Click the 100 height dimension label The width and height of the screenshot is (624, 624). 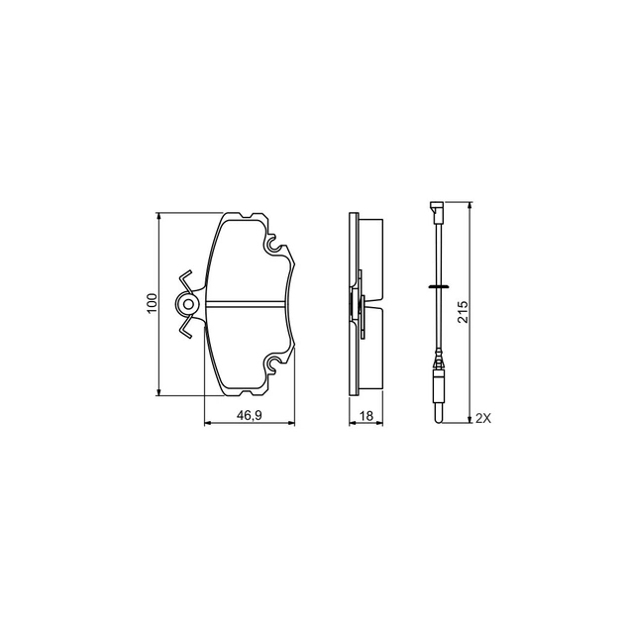click(152, 304)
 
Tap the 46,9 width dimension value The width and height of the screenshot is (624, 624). click(250, 416)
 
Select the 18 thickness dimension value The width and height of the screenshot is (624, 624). click(365, 416)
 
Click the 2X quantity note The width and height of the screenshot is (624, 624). click(482, 419)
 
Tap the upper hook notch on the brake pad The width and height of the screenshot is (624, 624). click(272, 243)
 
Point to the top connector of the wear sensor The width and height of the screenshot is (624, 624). click(434, 209)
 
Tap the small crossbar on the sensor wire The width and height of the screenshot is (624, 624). click(434, 285)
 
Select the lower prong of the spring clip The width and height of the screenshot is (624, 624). click(185, 328)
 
